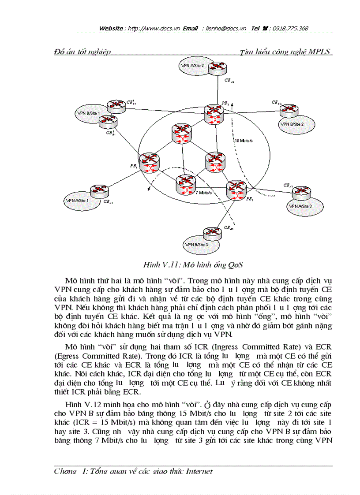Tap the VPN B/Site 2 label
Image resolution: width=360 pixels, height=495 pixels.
click(291, 124)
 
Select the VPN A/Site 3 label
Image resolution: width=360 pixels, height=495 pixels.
click(300, 206)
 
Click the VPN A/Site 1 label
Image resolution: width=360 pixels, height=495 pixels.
click(77, 200)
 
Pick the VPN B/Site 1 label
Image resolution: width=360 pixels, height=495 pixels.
click(88, 113)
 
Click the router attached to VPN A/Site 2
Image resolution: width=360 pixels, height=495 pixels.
click(217, 67)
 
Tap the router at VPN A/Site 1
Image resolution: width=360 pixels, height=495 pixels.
click(97, 191)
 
